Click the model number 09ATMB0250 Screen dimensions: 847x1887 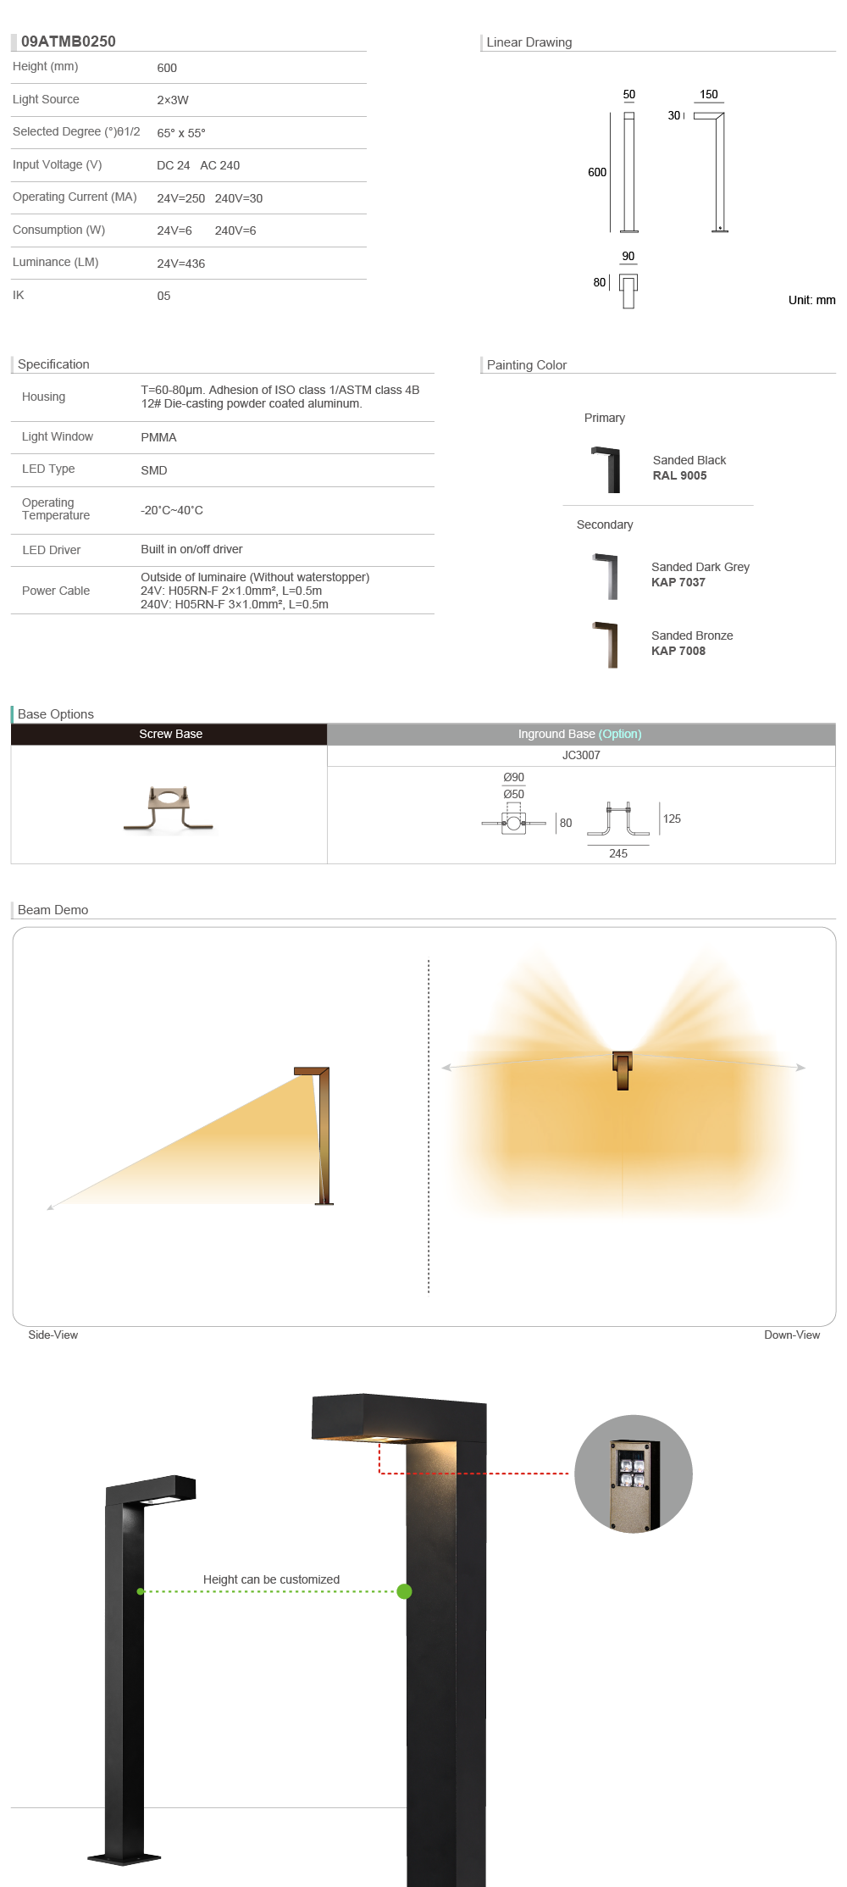[x=69, y=42]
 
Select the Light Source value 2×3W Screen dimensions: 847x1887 [x=173, y=100]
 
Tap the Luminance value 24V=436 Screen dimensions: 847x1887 [x=181, y=264]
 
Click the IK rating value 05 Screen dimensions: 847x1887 [x=163, y=296]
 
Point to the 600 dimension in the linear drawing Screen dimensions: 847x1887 [x=597, y=172]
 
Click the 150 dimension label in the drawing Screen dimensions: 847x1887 [x=709, y=94]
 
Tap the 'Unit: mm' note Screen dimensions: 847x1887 [x=811, y=300]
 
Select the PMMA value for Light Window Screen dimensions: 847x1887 [x=158, y=437]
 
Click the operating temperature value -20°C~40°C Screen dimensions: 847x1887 [x=172, y=510]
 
